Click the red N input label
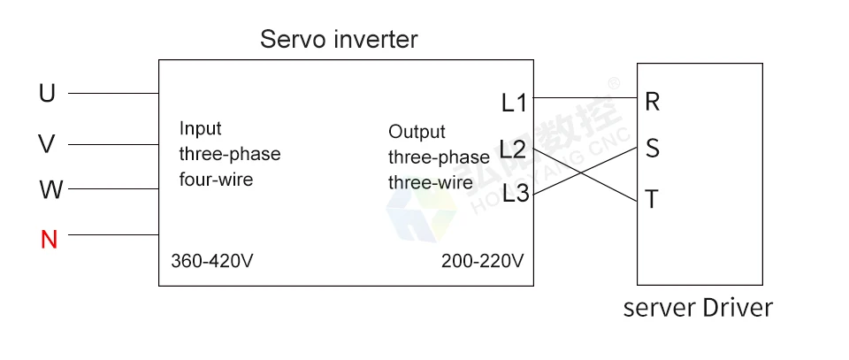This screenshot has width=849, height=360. point(49,239)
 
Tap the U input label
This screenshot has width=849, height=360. point(47,93)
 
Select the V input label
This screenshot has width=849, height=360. point(47,144)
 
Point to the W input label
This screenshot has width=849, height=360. point(50,190)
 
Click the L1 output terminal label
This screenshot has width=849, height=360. point(514,103)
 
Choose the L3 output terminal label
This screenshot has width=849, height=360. point(515,194)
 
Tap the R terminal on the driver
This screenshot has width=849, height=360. point(653,102)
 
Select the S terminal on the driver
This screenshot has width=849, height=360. point(653,149)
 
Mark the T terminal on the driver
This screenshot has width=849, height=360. point(653,200)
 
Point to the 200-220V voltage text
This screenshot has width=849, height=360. point(482,262)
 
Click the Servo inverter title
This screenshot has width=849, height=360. point(339,40)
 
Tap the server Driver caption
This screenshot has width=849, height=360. point(698,308)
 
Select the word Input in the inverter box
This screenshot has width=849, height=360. point(201,128)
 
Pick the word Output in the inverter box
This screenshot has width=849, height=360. point(417,132)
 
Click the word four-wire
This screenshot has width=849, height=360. point(217,180)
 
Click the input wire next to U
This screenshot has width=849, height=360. point(113,93)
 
